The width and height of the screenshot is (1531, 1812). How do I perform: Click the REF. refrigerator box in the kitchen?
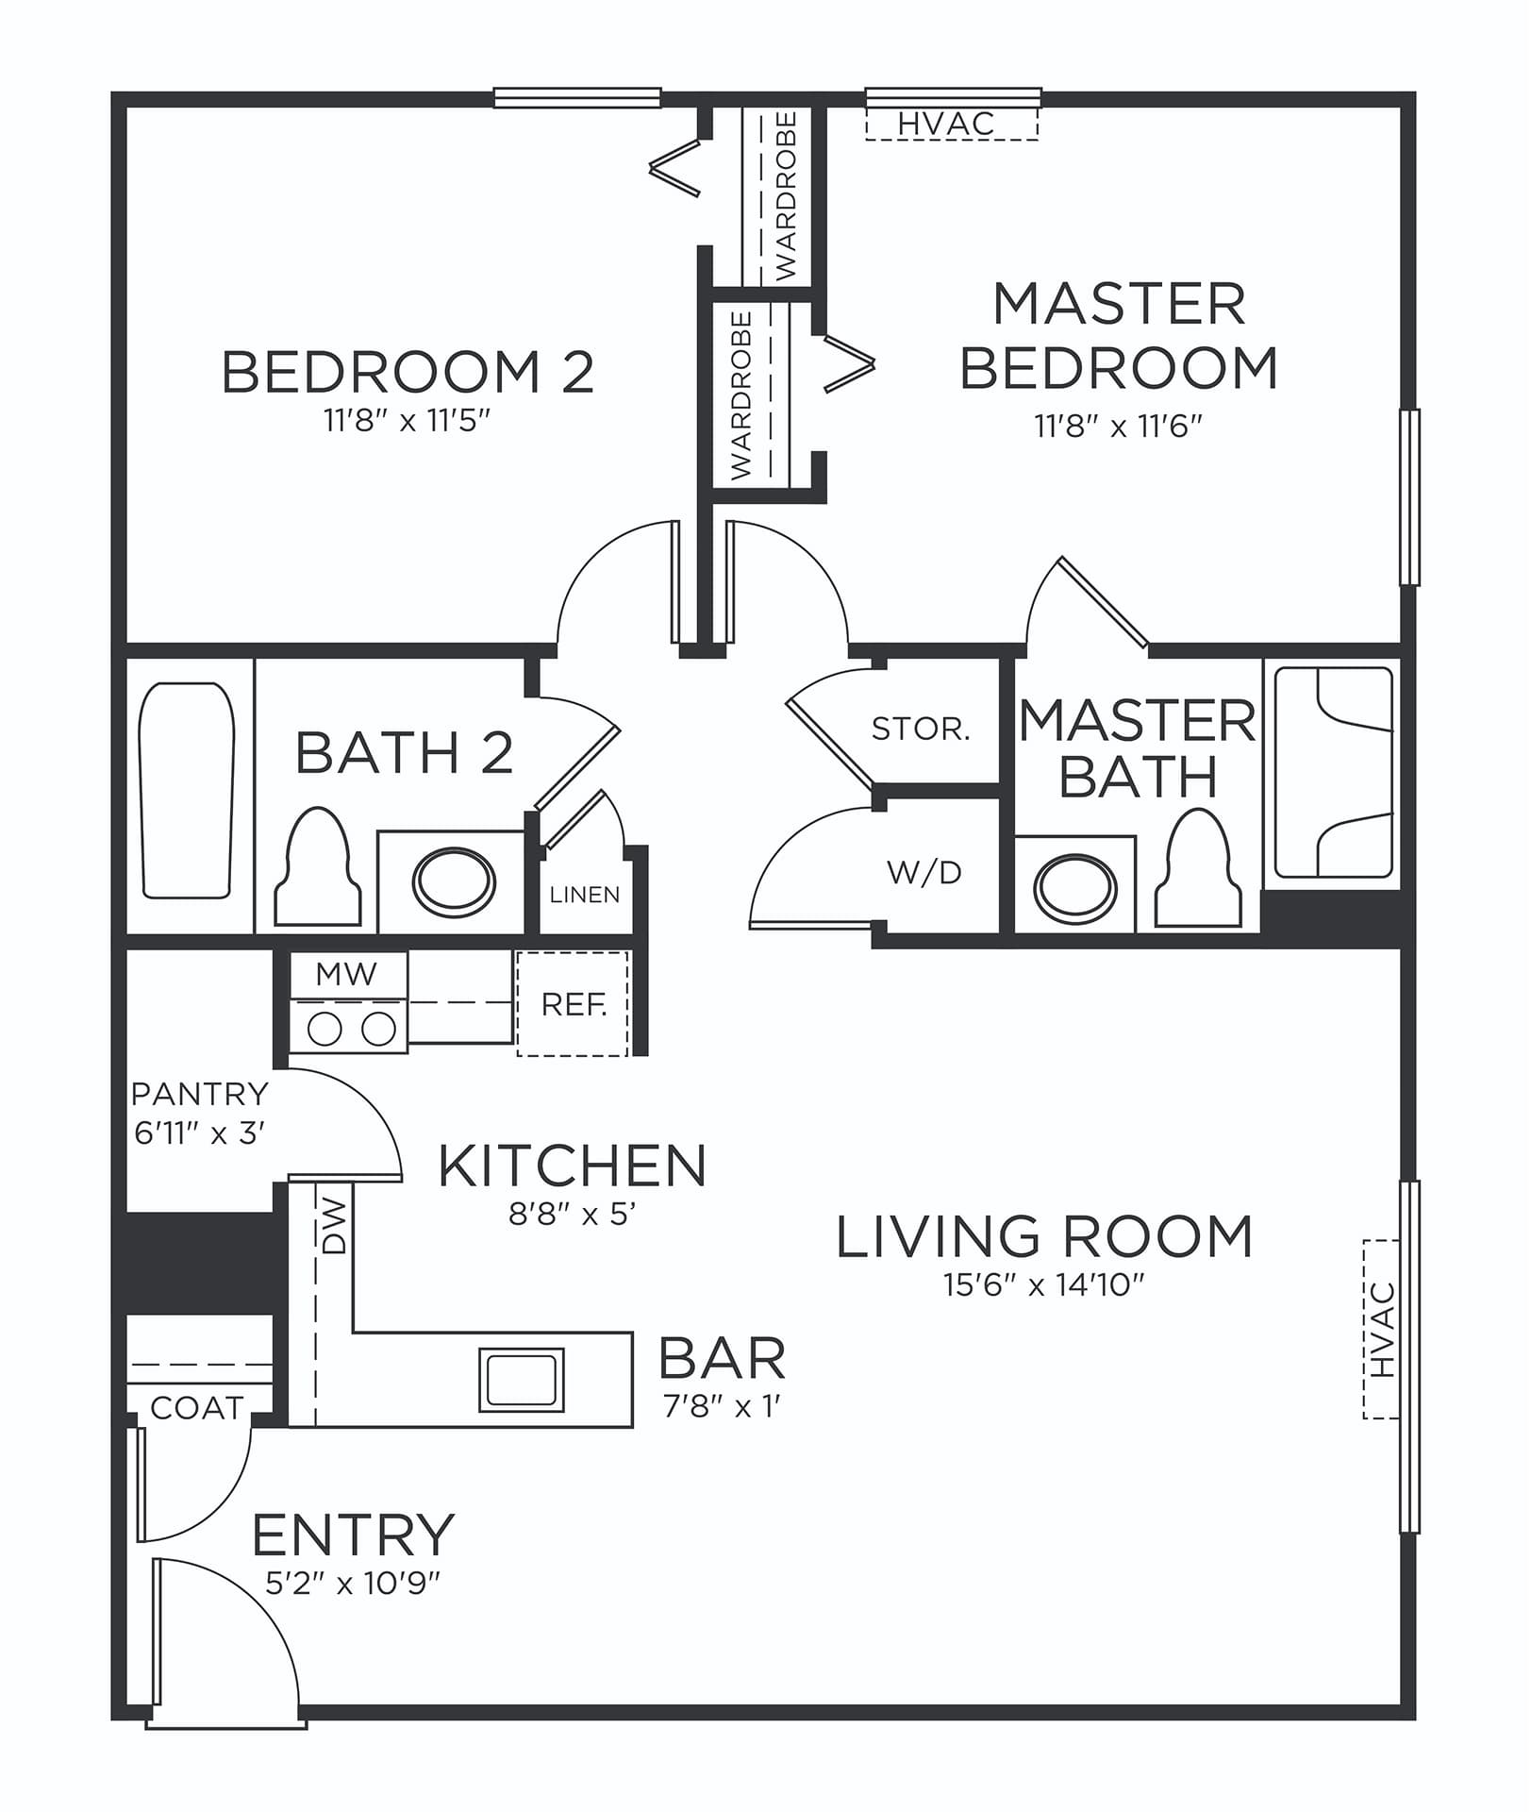tap(573, 1003)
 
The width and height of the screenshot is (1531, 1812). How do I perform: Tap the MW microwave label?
tap(347, 974)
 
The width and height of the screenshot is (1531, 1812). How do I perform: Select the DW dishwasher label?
tap(335, 1226)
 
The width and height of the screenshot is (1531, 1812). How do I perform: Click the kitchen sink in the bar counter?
tap(522, 1380)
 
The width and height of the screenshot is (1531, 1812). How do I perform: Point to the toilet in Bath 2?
tap(318, 867)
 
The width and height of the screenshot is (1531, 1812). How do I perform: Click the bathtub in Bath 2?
tap(186, 789)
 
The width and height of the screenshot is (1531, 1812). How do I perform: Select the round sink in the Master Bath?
tap(1075, 888)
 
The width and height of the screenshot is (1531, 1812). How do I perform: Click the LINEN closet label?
tap(585, 895)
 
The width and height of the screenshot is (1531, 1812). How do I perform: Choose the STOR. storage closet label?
tap(921, 729)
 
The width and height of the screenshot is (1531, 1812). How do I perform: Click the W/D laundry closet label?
tap(924, 872)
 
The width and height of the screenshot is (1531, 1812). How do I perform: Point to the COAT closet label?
tap(197, 1408)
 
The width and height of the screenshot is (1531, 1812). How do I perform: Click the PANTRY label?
tap(200, 1094)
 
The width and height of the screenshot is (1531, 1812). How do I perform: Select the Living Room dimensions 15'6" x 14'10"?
tap(1044, 1284)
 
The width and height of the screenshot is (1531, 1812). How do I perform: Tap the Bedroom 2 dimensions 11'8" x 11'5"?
tap(408, 420)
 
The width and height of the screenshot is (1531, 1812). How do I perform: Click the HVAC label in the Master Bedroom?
tap(946, 124)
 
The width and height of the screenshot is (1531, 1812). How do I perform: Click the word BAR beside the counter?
tap(723, 1358)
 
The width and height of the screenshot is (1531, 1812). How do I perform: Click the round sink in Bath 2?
tap(454, 882)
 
